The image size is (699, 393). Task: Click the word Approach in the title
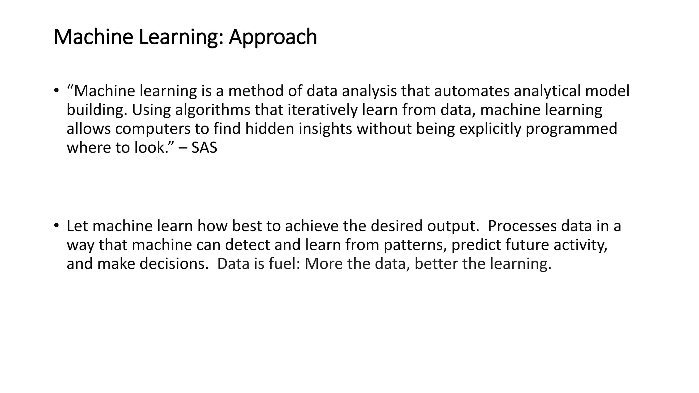(273, 37)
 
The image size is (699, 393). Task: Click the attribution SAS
(204, 148)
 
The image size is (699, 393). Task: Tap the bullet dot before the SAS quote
(56, 90)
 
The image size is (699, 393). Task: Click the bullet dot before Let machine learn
(56, 225)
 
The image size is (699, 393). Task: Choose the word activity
(580, 245)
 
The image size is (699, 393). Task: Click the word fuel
(284, 264)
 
